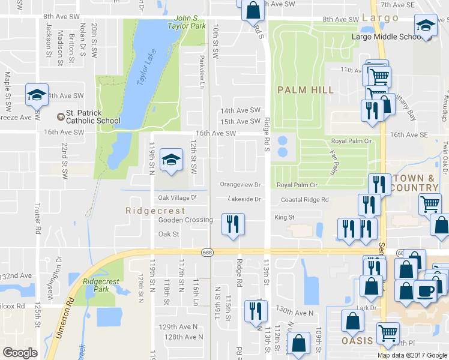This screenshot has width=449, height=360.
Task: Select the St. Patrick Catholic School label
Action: (93, 116)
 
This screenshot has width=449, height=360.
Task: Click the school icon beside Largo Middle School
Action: (426, 26)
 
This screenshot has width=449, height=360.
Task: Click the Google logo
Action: (20, 353)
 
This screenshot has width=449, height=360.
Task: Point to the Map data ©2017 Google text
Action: (412, 355)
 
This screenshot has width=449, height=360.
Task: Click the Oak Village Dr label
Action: (177, 197)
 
